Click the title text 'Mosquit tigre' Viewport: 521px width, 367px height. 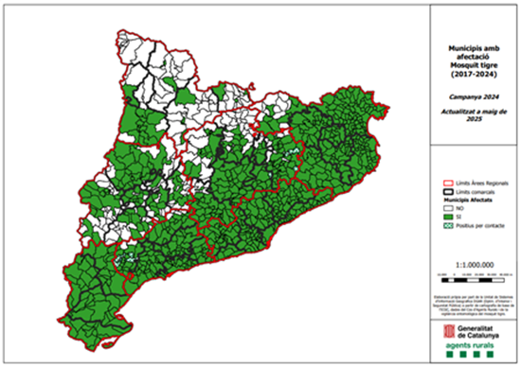coord(472,65)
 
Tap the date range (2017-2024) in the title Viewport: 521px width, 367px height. coord(472,74)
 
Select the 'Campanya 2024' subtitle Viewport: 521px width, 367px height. coord(472,96)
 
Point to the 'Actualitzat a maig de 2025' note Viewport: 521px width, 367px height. coord(472,116)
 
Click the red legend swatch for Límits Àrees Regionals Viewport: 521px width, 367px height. coord(450,183)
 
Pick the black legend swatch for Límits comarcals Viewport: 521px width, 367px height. coord(450,192)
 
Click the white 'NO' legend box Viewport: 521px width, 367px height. coord(450,208)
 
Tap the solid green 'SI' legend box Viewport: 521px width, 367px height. coord(450,217)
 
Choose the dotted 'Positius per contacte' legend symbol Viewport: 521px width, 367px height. coord(450,225)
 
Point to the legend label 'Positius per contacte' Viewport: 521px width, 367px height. coord(479,225)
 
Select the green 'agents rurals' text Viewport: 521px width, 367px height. coord(477,346)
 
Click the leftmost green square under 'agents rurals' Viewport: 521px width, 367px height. coord(456,357)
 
